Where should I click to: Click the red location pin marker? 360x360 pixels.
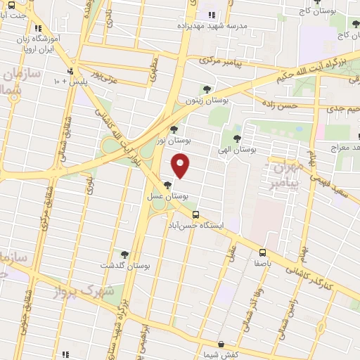click(181, 166)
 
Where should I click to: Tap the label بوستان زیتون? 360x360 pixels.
click(207, 101)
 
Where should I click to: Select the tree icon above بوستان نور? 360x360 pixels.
click(174, 129)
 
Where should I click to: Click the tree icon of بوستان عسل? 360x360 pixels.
click(167, 185)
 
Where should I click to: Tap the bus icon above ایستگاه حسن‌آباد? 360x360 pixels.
click(195, 215)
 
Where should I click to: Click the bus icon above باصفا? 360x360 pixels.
click(262, 252)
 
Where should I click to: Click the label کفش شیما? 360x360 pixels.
click(221, 355)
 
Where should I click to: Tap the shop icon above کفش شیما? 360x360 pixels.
click(221, 345)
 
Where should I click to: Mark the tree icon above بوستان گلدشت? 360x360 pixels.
click(125, 255)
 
